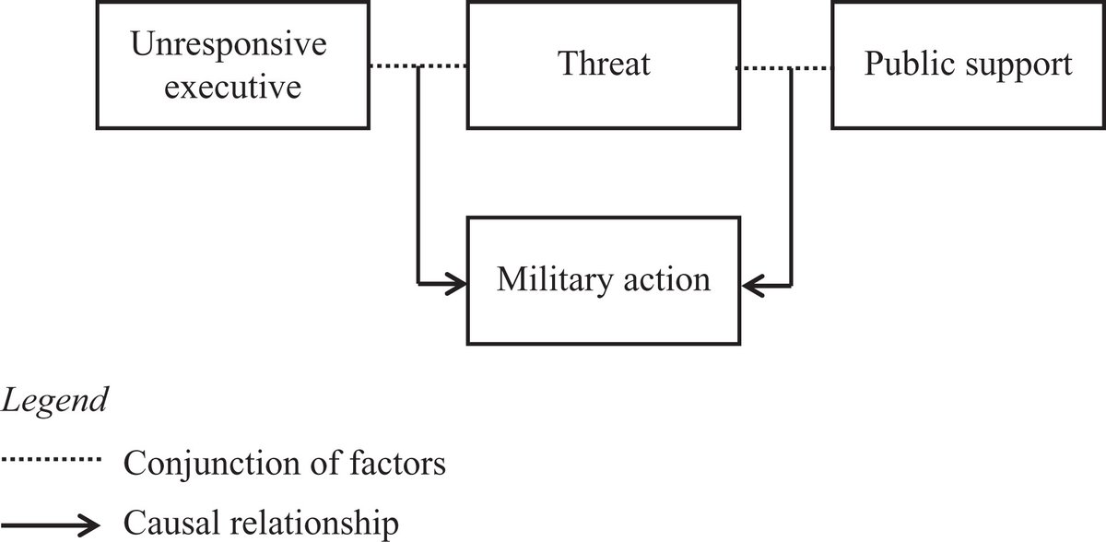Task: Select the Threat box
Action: coord(604,65)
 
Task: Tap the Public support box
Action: coord(967,65)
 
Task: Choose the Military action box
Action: coord(604,279)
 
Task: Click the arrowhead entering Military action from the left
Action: coord(456,282)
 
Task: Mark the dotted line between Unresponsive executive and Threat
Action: coord(418,65)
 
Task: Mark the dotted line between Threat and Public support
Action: coord(785,66)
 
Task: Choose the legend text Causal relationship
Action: coord(262,525)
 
